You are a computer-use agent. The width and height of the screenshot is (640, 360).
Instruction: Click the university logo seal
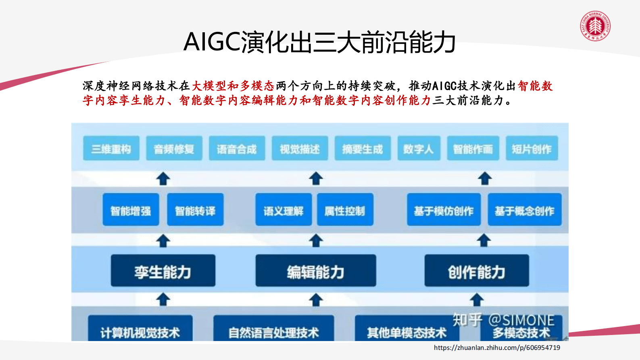click(595, 26)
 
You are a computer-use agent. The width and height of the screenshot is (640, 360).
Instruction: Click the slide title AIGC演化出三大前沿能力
click(319, 42)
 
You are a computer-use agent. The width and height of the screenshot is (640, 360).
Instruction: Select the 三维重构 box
click(111, 149)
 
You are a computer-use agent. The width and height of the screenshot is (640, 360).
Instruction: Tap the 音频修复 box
click(174, 149)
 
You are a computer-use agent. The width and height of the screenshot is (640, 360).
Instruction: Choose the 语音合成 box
click(237, 149)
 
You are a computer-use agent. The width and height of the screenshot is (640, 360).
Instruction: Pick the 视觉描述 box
click(300, 149)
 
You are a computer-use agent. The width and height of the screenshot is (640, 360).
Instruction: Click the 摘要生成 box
click(363, 149)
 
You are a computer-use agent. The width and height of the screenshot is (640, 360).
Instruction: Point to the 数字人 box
click(419, 149)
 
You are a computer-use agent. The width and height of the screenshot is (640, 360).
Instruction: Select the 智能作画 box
click(473, 149)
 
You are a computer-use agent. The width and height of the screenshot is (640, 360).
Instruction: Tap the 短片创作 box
click(532, 149)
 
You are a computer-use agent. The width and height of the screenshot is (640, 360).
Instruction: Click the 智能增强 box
click(131, 210)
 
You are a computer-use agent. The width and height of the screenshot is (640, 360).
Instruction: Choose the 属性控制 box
click(345, 210)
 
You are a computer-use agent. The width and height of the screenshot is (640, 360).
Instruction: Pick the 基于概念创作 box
click(524, 210)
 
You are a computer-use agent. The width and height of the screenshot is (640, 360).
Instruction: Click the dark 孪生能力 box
click(163, 271)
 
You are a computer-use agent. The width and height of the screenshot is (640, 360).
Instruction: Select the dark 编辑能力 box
click(316, 271)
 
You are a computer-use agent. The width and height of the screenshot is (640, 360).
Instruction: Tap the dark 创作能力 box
click(476, 271)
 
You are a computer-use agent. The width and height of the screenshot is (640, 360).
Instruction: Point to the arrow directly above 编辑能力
click(316, 241)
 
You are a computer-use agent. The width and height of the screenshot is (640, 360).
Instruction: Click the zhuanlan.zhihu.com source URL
click(497, 347)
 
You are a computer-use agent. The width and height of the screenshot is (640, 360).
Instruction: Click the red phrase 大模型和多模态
click(233, 86)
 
